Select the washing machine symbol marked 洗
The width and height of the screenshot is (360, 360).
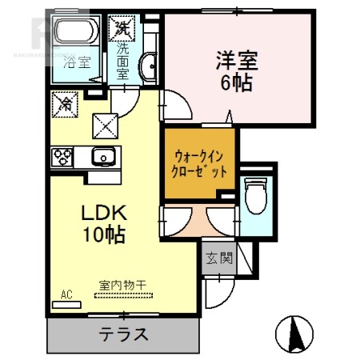(123, 27)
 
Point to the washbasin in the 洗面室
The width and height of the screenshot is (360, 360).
(146, 66)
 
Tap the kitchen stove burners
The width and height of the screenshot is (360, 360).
(62, 157)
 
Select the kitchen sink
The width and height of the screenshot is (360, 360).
(104, 157)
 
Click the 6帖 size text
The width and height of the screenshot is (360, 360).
(236, 82)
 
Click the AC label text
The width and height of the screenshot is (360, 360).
(66, 294)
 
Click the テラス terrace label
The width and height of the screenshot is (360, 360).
(123, 334)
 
